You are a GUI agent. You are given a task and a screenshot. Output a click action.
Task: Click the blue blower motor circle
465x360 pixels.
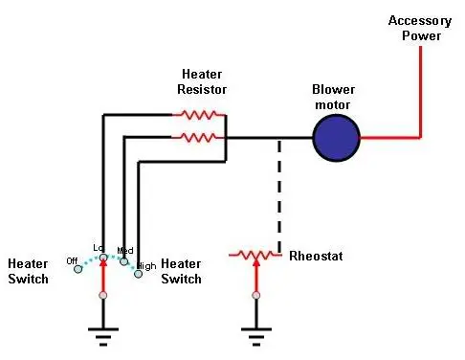click(336, 138)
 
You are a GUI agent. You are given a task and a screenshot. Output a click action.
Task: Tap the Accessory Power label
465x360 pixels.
click(420, 28)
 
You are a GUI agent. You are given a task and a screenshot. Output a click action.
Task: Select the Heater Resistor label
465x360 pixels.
click(202, 81)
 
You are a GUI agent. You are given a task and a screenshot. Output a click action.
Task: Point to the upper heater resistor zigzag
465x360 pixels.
click(199, 115)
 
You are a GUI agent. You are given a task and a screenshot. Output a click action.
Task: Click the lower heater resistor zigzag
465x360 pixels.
click(198, 138)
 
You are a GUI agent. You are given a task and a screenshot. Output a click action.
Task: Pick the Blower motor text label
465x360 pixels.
click(333, 97)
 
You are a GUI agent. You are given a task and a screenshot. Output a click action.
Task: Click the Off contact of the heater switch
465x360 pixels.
click(77, 269)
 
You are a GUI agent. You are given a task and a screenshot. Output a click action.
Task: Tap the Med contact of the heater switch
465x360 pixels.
click(123, 261)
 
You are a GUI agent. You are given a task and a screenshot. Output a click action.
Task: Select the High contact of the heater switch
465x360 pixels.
click(138, 274)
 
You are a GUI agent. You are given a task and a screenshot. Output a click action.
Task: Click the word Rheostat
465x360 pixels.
click(316, 256)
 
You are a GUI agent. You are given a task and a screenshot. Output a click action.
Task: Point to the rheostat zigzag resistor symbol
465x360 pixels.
click(255, 255)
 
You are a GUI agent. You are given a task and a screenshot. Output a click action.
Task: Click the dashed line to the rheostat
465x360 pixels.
click(279, 196)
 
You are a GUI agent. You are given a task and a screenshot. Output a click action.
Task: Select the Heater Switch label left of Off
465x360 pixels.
click(28, 271)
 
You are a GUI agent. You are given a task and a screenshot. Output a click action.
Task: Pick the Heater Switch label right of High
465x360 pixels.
click(181, 271)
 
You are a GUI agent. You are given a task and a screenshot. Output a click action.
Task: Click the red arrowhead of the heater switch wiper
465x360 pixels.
click(103, 262)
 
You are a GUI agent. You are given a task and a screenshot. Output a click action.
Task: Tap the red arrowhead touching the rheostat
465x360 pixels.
click(256, 262)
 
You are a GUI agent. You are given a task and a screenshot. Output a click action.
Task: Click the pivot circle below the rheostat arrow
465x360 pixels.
click(256, 295)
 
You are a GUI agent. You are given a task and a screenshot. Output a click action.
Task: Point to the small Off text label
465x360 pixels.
click(72, 261)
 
